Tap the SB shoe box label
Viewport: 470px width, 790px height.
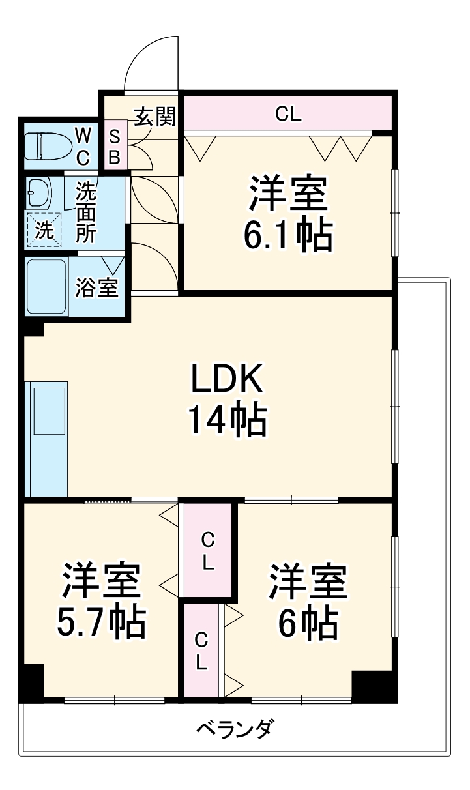pyautogui.click(x=115, y=147)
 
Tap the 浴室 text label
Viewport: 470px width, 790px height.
pyautogui.click(x=97, y=287)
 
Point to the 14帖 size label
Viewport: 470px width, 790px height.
pyautogui.click(x=227, y=420)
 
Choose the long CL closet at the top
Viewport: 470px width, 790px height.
pyautogui.click(x=287, y=115)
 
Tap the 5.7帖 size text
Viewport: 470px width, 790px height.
pyautogui.click(x=100, y=622)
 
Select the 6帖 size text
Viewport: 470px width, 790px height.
pyautogui.click(x=308, y=622)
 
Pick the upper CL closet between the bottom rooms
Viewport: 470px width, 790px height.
pyautogui.click(x=207, y=550)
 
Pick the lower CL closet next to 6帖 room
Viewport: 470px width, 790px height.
pyautogui.click(x=201, y=651)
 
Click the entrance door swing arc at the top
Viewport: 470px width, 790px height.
pyautogui.click(x=151, y=62)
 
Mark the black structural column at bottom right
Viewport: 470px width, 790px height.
pyautogui.click(x=374, y=686)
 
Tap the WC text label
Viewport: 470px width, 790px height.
pyautogui.click(x=83, y=146)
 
